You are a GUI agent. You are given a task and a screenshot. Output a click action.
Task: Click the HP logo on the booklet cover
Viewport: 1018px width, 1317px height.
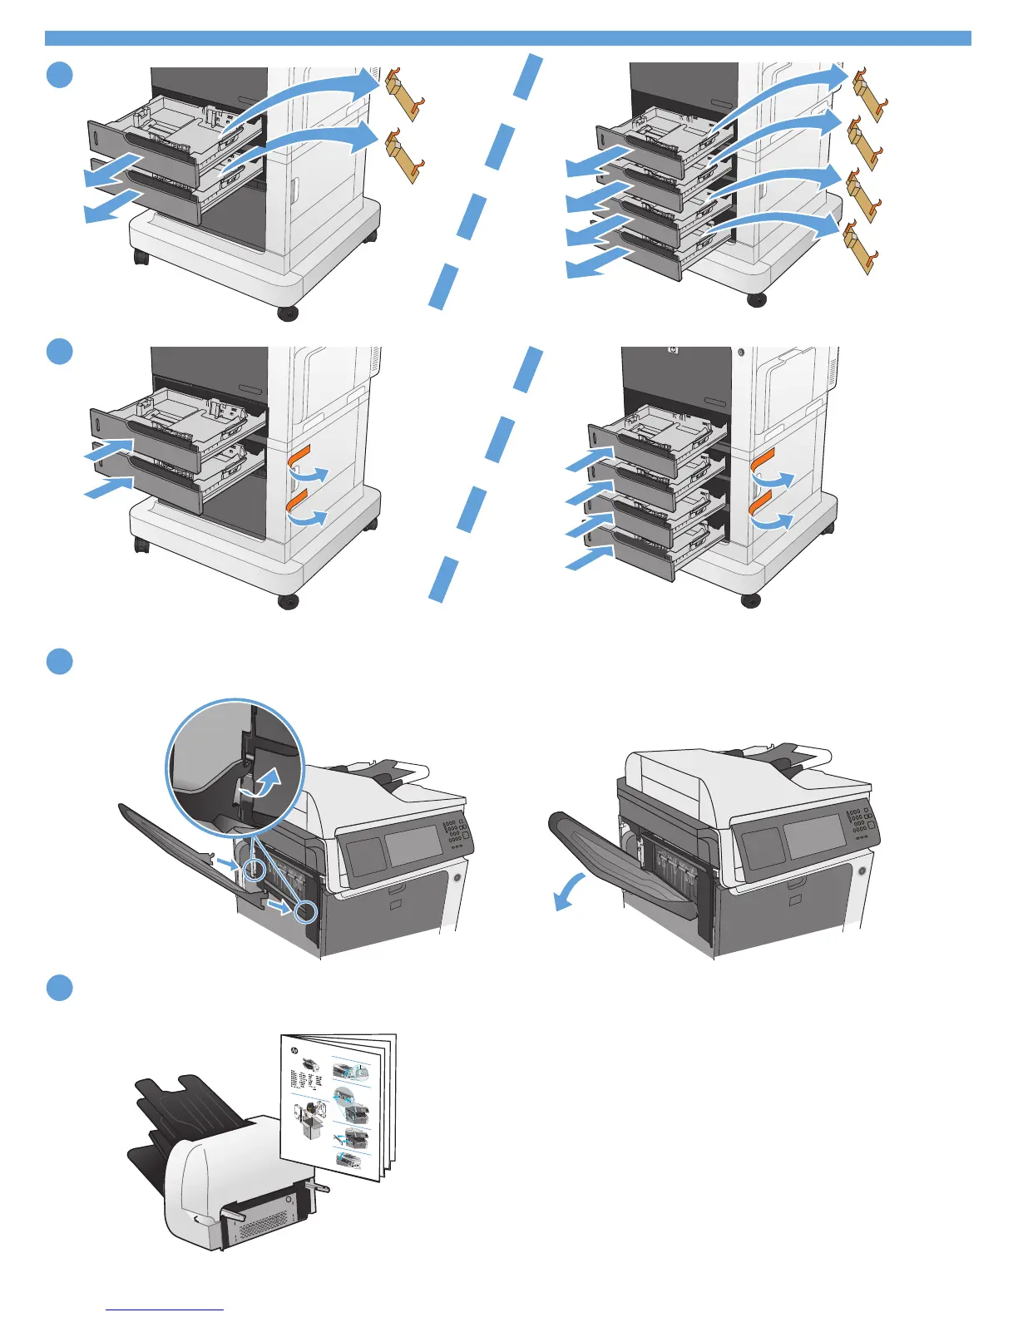293,1052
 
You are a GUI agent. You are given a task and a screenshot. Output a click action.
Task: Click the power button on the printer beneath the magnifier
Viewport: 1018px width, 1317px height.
456,876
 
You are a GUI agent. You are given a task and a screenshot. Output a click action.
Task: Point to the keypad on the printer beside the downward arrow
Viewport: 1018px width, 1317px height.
857,823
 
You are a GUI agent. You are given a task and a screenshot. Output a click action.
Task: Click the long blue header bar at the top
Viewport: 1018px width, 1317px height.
507,38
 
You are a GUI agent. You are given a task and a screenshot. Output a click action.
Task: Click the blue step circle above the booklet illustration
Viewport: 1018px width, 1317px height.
60,988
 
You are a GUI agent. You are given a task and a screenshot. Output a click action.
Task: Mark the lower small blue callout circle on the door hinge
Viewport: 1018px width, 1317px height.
306,911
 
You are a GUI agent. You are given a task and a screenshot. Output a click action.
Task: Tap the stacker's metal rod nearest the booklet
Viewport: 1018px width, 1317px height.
320,1185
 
